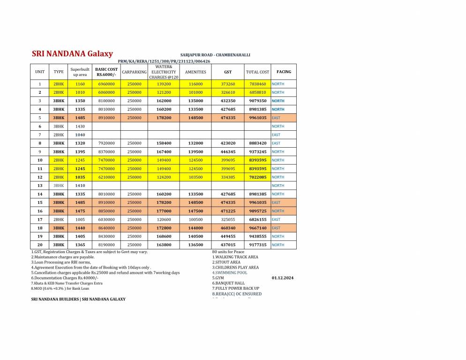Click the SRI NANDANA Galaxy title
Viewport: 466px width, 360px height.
point(72,54)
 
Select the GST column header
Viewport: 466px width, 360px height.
point(228,72)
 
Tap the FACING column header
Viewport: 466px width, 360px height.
point(284,72)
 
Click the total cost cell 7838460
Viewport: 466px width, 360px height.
point(257,84)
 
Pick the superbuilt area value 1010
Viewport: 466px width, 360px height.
point(80,92)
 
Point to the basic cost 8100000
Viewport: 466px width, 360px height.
point(106,101)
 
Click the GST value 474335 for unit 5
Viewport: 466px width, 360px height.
point(228,118)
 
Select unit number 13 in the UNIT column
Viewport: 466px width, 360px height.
point(40,186)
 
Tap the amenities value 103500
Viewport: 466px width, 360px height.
point(195,177)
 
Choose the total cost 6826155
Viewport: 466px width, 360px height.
point(257,219)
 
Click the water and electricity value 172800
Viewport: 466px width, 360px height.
point(164,228)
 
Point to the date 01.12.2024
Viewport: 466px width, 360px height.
point(283,278)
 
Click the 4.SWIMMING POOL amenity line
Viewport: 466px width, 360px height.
point(230,273)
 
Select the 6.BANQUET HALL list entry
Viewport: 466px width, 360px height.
point(228,283)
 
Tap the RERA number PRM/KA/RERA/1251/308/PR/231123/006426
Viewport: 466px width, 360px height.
point(164,61)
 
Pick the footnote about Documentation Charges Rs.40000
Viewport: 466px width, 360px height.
point(65,278)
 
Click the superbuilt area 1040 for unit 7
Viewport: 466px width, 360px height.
point(80,135)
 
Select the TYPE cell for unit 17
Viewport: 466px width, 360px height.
point(59,219)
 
